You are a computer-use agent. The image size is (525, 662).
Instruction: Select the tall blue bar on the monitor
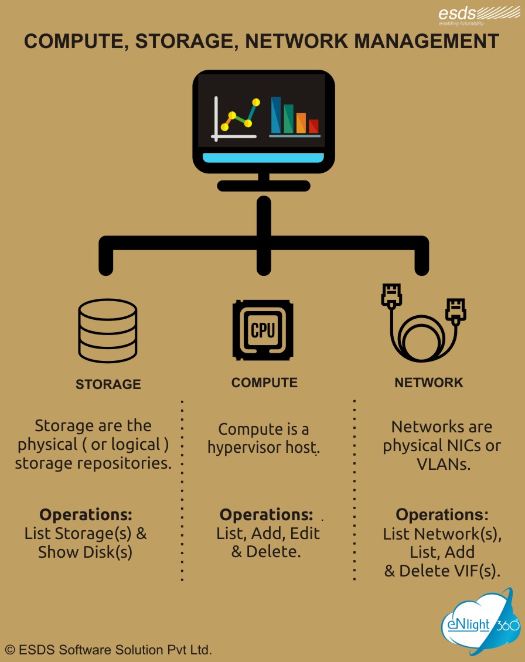pyautogui.click(x=276, y=115)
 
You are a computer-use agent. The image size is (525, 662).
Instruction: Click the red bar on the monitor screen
pyautogui.click(x=313, y=126)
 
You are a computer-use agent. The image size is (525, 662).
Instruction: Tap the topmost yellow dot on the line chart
pyautogui.click(x=256, y=102)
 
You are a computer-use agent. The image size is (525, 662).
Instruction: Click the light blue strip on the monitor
pyautogui.click(x=263, y=157)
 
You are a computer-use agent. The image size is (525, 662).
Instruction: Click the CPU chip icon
pyautogui.click(x=262, y=330)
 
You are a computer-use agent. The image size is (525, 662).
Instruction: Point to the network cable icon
pyautogui.click(x=424, y=324)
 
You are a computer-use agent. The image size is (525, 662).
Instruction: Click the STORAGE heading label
pyautogui.click(x=108, y=384)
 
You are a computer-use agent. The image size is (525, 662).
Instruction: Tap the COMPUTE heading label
pyautogui.click(x=264, y=383)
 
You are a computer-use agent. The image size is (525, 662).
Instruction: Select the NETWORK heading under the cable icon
pyautogui.click(x=428, y=383)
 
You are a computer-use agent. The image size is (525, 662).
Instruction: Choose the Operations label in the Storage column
pyautogui.click(x=86, y=515)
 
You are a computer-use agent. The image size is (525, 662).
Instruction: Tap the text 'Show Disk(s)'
pyautogui.click(x=86, y=552)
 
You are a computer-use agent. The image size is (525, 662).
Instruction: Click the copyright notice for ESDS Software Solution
pyautogui.click(x=108, y=649)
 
